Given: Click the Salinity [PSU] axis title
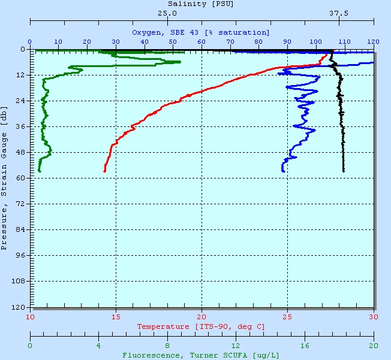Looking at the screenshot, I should click(201, 4).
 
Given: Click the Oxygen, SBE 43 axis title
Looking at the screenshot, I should click(201, 32).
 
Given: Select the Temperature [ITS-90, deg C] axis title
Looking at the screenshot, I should click(201, 326).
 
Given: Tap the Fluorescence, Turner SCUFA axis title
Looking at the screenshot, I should click(201, 355).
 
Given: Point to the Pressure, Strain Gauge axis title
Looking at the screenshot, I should click(4, 178).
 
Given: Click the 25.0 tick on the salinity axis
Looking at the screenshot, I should click(167, 13).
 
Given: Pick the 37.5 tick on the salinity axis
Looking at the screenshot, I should click(339, 13).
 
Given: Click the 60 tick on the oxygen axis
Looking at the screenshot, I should click(201, 41).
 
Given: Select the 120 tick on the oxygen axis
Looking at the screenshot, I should click(374, 41).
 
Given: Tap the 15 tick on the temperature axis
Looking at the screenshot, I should click(116, 317).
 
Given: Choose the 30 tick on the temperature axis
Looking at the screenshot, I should click(374, 317).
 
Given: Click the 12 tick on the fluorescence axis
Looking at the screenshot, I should click(236, 346).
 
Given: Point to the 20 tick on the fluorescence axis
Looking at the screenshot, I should click(374, 346).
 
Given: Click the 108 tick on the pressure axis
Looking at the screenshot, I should click(19, 281).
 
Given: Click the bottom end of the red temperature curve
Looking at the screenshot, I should click(104, 172).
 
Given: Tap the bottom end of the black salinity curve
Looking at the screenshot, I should click(344, 172).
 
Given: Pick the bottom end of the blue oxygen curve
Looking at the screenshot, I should click(283, 172).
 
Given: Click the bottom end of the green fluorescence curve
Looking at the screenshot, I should click(40, 172).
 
